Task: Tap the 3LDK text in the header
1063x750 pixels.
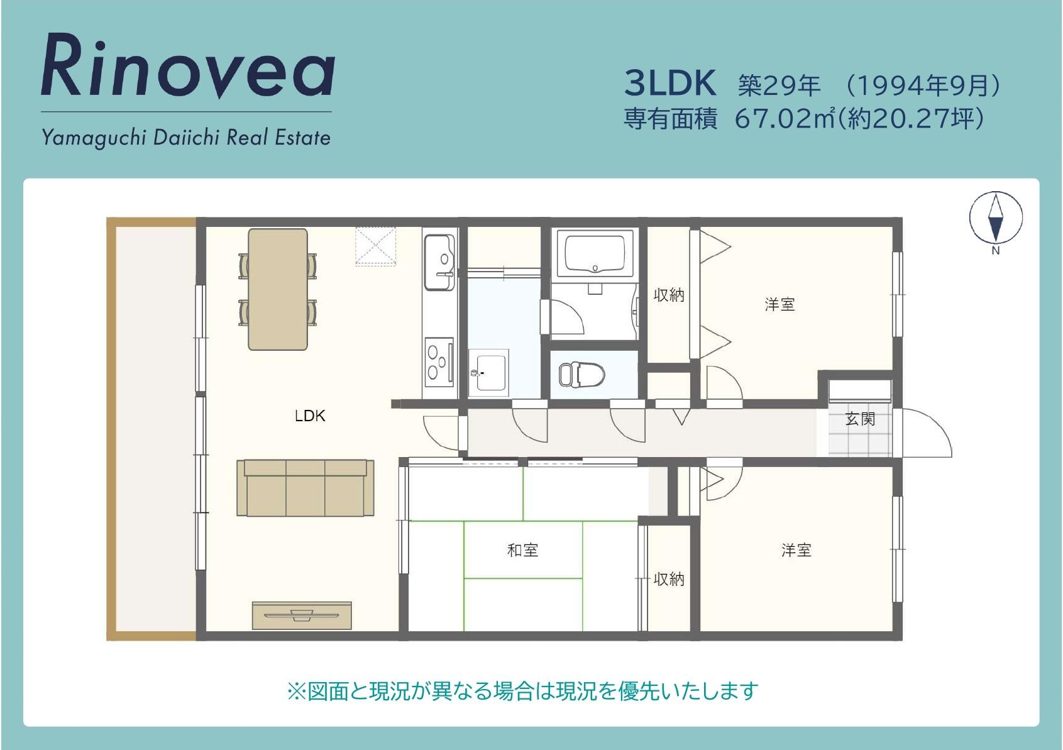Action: pyautogui.click(x=670, y=84)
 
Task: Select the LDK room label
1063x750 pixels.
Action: pyautogui.click(x=310, y=416)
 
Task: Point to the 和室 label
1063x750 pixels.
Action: pyautogui.click(x=522, y=550)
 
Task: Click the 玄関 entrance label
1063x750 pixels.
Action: pyautogui.click(x=860, y=419)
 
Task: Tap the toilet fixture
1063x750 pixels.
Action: pyautogui.click(x=582, y=374)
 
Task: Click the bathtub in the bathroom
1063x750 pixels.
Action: pyautogui.click(x=595, y=253)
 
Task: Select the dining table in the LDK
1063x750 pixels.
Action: pyautogui.click(x=278, y=289)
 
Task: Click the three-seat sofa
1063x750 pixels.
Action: pyautogui.click(x=306, y=487)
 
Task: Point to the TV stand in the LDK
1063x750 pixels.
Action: pyautogui.click(x=302, y=615)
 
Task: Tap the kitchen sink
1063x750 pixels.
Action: pyautogui.click(x=439, y=262)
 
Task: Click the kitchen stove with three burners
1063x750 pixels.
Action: pyautogui.click(x=439, y=361)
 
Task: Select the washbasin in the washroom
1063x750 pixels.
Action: pyautogui.click(x=489, y=373)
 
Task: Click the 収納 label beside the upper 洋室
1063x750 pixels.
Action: pyautogui.click(x=669, y=295)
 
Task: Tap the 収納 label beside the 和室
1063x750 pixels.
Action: pyautogui.click(x=669, y=579)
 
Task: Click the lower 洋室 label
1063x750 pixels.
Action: pyautogui.click(x=796, y=550)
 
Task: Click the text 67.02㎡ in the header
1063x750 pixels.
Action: pyautogui.click(x=785, y=119)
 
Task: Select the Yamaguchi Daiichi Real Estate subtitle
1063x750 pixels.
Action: pyautogui.click(x=186, y=138)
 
